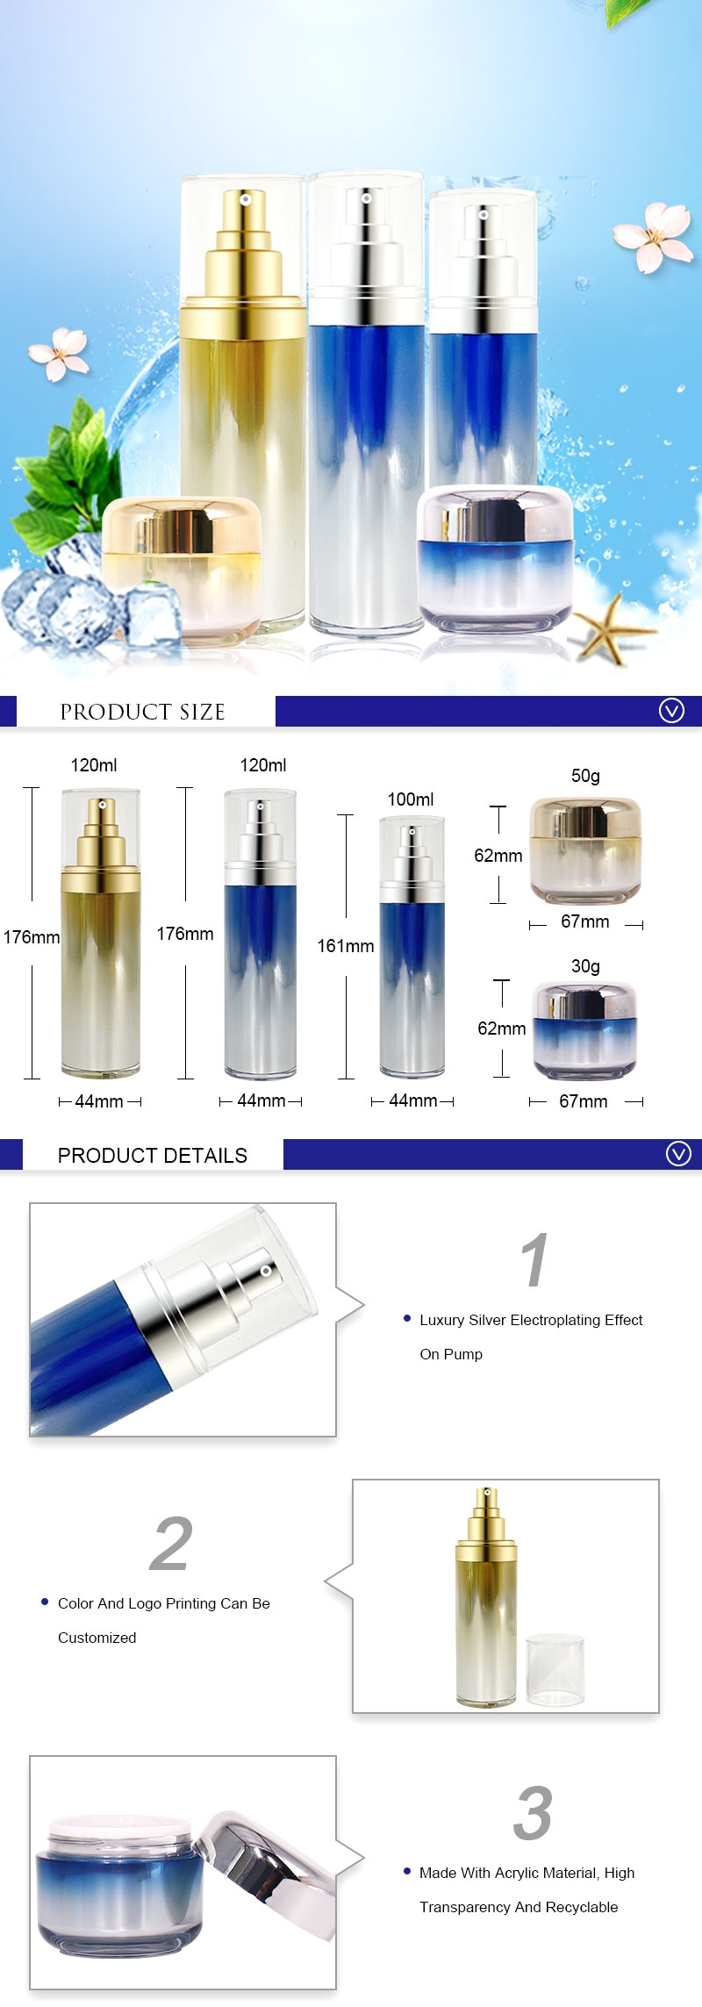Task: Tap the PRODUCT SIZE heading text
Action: [142, 712]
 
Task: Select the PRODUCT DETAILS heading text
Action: [153, 1155]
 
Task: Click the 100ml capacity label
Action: [411, 799]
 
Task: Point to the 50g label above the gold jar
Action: [585, 776]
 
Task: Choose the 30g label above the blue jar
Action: [585, 966]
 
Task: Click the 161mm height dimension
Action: [345, 946]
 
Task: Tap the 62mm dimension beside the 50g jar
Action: [498, 856]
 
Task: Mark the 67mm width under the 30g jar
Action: [584, 1101]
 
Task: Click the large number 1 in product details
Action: [534, 1260]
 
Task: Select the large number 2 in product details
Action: [170, 1545]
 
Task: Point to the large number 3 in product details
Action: [533, 1813]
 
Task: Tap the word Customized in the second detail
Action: [97, 1638]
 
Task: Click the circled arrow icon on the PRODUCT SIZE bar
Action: [671, 711]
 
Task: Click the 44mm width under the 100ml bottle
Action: [412, 1100]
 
